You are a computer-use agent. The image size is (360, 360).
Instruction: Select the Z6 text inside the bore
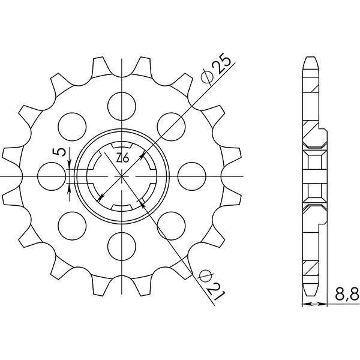point(123,158)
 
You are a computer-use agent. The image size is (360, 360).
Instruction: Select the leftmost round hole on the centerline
point(50,176)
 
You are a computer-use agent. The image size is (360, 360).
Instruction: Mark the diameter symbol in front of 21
point(203,275)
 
